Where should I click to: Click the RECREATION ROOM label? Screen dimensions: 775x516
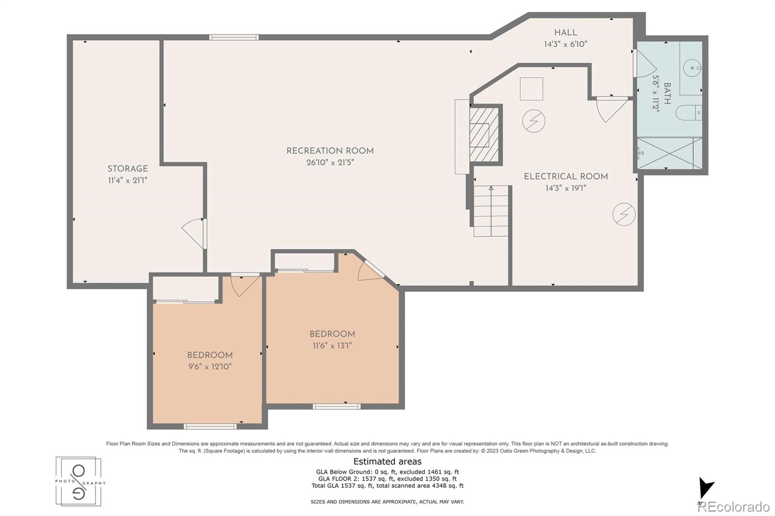(x=330, y=151)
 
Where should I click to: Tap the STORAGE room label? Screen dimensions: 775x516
(x=127, y=169)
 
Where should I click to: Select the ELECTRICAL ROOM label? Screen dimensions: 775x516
(x=566, y=177)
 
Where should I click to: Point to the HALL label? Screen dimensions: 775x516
(x=565, y=33)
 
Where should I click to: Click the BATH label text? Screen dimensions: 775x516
(x=667, y=93)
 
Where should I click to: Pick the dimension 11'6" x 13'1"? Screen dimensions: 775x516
(x=332, y=346)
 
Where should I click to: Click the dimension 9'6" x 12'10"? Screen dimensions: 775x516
(x=210, y=366)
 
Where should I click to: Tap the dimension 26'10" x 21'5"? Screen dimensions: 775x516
(x=330, y=163)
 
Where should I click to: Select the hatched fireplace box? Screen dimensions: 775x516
(x=484, y=134)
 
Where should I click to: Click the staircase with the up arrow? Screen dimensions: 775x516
(x=491, y=211)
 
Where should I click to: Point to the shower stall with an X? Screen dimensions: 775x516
(x=669, y=153)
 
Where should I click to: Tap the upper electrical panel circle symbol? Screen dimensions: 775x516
(x=534, y=121)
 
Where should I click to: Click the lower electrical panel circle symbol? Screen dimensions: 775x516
(x=624, y=214)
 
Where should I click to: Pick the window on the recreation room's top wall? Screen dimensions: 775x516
(x=233, y=37)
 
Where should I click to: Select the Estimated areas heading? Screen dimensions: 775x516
(x=387, y=461)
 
